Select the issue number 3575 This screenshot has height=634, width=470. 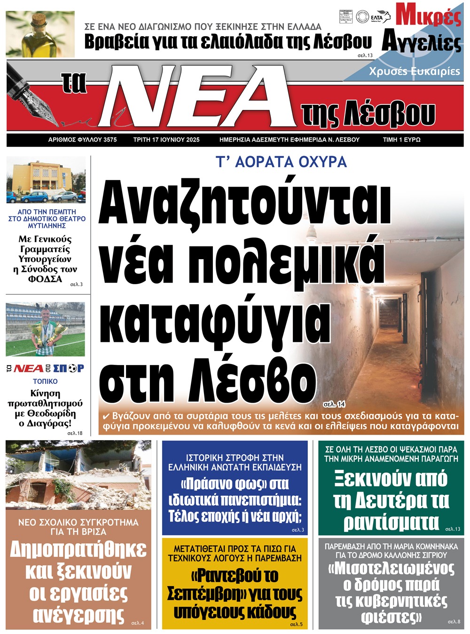click(108, 140)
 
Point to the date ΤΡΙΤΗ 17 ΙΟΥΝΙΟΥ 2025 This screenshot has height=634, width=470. click(166, 140)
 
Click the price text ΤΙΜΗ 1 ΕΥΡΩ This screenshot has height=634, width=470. click(401, 140)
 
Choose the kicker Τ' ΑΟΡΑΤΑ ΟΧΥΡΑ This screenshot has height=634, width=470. click(281, 162)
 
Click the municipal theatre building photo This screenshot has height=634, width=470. click(46, 181)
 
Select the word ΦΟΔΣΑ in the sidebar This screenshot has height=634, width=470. click(45, 279)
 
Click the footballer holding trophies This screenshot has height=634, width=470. click(46, 329)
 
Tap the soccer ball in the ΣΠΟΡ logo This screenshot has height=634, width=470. click(72, 368)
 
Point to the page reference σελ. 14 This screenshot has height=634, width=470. click(334, 404)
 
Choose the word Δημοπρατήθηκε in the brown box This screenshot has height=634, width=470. click(78, 549)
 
